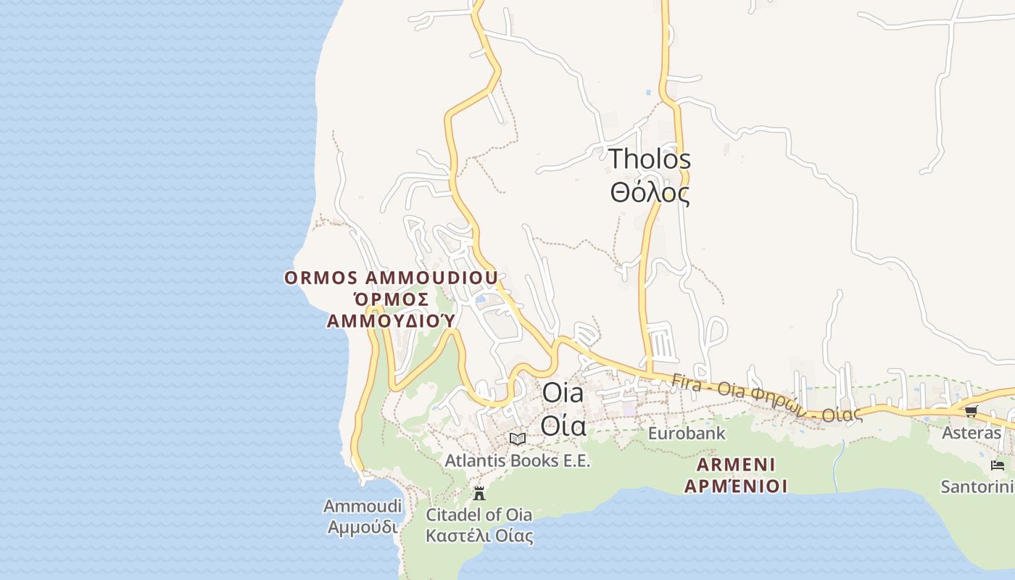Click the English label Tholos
tap(650, 159)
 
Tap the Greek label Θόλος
tap(650, 193)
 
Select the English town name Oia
tap(563, 394)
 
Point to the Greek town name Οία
tap(563, 426)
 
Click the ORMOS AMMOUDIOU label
tap(391, 278)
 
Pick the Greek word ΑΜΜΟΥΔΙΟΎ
tap(391, 320)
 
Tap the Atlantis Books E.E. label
tap(518, 460)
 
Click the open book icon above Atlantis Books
tap(518, 439)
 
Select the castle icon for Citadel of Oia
tap(478, 494)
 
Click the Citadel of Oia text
tap(478, 515)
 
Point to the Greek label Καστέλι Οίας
tap(478, 536)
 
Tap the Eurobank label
tap(687, 434)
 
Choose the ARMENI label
tap(736, 464)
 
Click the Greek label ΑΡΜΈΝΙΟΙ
tap(736, 486)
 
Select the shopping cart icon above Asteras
tap(971, 411)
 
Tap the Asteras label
tap(971, 433)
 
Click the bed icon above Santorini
tap(998, 465)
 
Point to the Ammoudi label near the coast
tap(362, 506)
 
